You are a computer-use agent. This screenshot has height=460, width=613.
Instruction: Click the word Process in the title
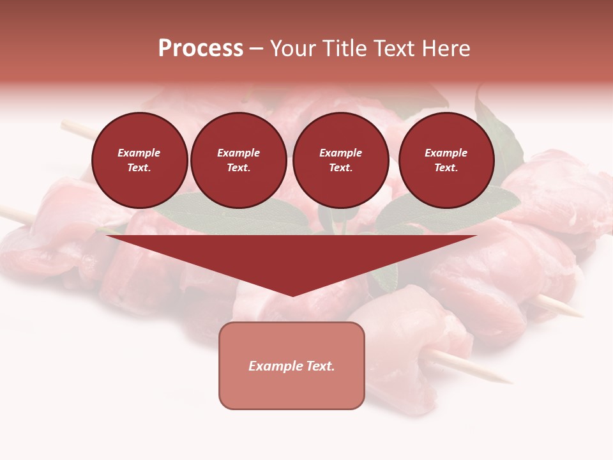201,49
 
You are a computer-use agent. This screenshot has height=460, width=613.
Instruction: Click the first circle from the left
139,160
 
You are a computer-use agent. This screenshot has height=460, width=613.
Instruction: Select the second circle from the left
238,160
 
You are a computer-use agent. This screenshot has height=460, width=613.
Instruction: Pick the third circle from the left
340,160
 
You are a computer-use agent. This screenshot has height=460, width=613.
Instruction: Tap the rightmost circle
446,160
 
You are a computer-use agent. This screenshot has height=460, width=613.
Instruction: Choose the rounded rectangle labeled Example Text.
292,365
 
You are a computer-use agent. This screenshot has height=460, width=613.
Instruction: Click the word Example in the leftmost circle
139,153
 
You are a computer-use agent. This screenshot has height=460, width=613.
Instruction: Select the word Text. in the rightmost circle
446,168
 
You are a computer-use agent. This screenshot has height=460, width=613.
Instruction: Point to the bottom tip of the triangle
292,295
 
